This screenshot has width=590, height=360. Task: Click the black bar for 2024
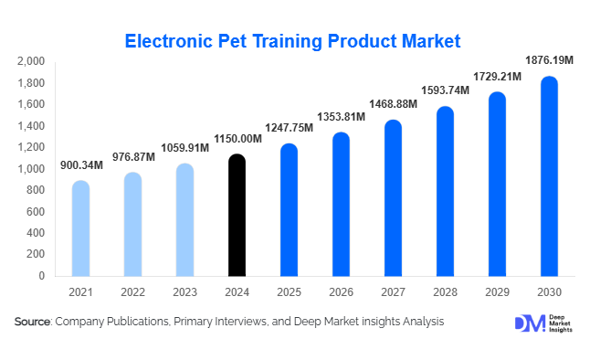pos(237,215)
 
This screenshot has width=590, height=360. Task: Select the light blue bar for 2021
pos(80,228)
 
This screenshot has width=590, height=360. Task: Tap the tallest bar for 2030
pos(549,175)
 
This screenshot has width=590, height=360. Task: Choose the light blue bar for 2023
pos(184,219)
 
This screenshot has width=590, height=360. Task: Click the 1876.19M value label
pos(549,60)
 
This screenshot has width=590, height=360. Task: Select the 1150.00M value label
pos(237,138)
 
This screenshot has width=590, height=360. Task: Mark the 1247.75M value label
pos(289,127)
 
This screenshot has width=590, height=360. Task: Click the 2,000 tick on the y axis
pos(30,62)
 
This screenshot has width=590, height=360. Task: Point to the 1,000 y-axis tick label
pos(30,169)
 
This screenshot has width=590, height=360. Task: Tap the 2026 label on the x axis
pos(341,291)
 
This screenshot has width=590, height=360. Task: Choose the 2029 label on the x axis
pos(497,291)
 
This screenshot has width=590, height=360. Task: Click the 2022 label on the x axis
pos(132,291)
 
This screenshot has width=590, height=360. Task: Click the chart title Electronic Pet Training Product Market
pos(293,41)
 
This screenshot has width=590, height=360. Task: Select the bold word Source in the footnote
pos(32,322)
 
